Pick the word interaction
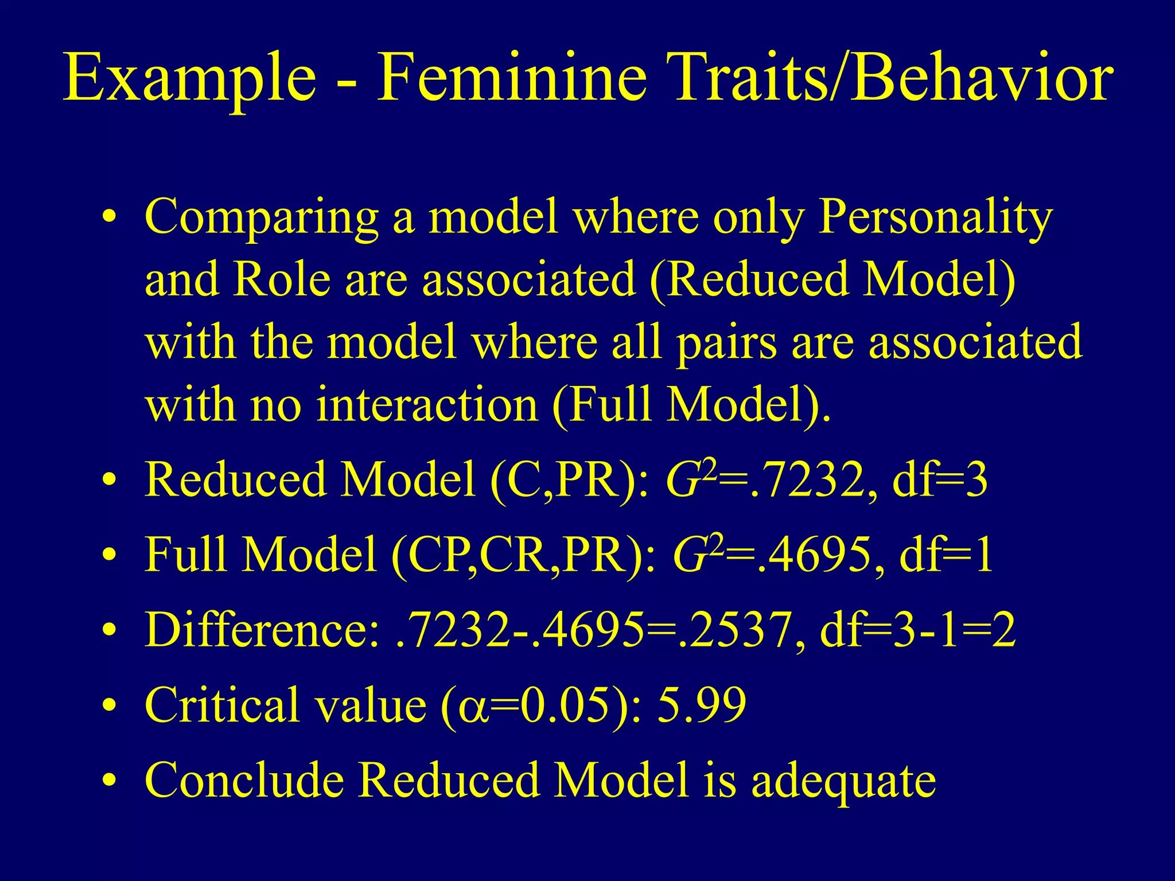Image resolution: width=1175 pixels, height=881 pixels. tap(427, 404)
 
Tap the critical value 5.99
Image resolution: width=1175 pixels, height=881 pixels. tap(702, 704)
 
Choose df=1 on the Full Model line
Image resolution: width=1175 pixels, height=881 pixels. tap(947, 555)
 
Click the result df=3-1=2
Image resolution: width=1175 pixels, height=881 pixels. tap(918, 630)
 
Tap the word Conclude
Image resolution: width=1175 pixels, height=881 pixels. tap(244, 780)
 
